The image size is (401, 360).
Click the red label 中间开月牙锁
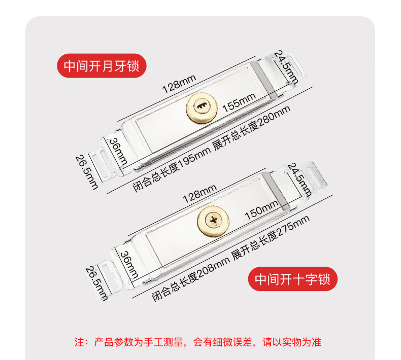coord(102,66)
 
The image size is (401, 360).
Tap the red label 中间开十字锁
coord(292,279)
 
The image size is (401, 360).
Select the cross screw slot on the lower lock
coord(214,220)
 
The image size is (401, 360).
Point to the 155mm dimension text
coord(239,102)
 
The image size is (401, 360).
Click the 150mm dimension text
coord(261,210)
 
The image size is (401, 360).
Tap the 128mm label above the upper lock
coord(179,84)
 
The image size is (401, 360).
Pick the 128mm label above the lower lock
coord(199,193)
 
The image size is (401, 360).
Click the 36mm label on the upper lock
coord(118,151)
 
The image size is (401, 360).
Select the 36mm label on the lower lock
coord(129,265)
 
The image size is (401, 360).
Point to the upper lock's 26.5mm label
coord(87,172)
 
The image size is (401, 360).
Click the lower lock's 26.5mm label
coord(96,283)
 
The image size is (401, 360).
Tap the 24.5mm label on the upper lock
coord(286,67)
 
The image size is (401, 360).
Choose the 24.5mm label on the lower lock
coord(299,180)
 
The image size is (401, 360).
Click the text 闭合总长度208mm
coord(190,280)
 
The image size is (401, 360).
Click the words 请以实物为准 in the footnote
coord(292,342)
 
